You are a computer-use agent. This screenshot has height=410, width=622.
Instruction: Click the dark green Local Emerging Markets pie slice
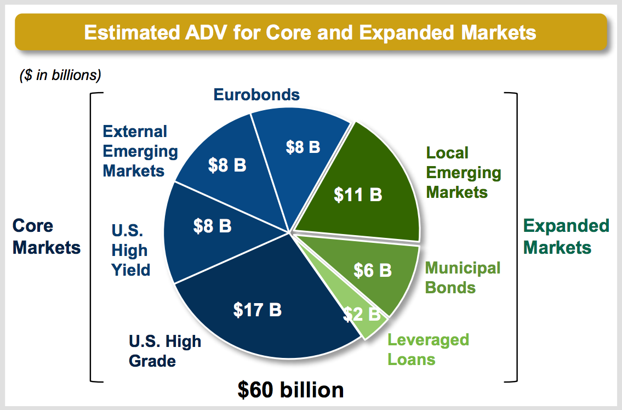[x=369, y=186]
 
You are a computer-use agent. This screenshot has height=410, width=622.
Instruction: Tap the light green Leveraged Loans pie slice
[x=363, y=314]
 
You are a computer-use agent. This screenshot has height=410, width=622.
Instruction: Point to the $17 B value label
[x=258, y=310]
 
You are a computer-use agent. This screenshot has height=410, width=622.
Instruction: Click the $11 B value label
[x=358, y=195]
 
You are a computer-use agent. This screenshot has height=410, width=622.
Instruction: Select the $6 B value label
[x=373, y=270]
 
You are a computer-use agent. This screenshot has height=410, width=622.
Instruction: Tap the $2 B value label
[x=361, y=314]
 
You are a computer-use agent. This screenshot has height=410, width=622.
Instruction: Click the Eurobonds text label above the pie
[x=256, y=95]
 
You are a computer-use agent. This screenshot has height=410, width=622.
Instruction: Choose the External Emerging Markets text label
[x=140, y=151]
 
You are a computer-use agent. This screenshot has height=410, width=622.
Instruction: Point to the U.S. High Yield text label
[x=130, y=250]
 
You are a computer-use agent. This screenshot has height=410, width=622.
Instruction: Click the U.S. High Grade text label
[x=164, y=351]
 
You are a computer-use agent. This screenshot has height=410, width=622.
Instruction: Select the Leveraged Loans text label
[x=428, y=350]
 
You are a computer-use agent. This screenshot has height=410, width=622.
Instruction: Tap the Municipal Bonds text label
[x=463, y=277]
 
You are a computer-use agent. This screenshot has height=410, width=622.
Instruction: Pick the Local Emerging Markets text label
[x=463, y=173]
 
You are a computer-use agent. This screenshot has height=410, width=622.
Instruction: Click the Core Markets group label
[x=47, y=237]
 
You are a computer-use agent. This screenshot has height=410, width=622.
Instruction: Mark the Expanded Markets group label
[x=566, y=237]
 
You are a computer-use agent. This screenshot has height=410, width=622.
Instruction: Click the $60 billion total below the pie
[x=290, y=390]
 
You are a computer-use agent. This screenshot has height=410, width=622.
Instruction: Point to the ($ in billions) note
[x=60, y=75]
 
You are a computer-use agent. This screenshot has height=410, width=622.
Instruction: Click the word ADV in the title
[x=206, y=32]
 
